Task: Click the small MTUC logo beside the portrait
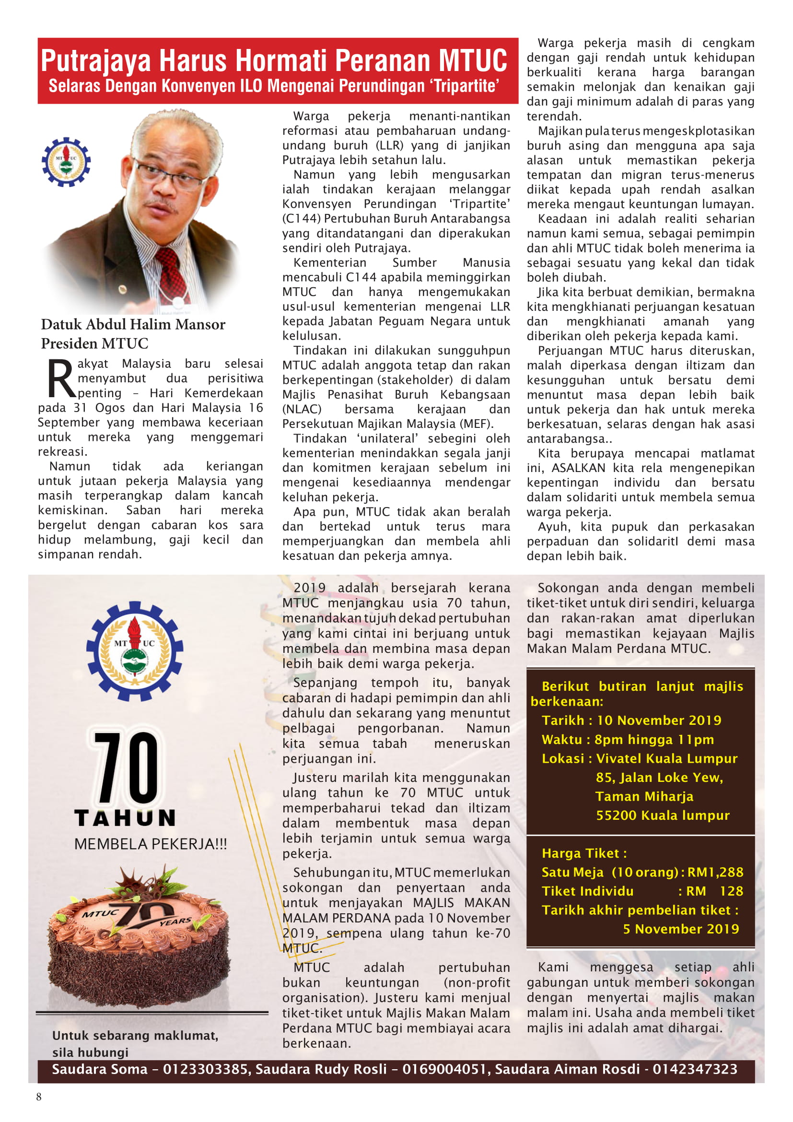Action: pyautogui.click(x=66, y=162)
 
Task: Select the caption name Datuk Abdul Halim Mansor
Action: pyautogui.click(x=133, y=324)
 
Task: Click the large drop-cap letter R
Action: pyautogui.click(x=61, y=379)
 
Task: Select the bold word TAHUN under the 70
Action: pyautogui.click(x=125, y=818)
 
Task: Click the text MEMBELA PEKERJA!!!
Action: pyautogui.click(x=151, y=844)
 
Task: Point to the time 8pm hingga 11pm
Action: pyautogui.click(x=654, y=739)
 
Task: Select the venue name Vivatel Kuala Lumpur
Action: pyautogui.click(x=666, y=758)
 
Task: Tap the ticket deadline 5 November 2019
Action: pyautogui.click(x=681, y=929)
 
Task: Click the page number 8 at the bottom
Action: pyautogui.click(x=39, y=1097)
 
